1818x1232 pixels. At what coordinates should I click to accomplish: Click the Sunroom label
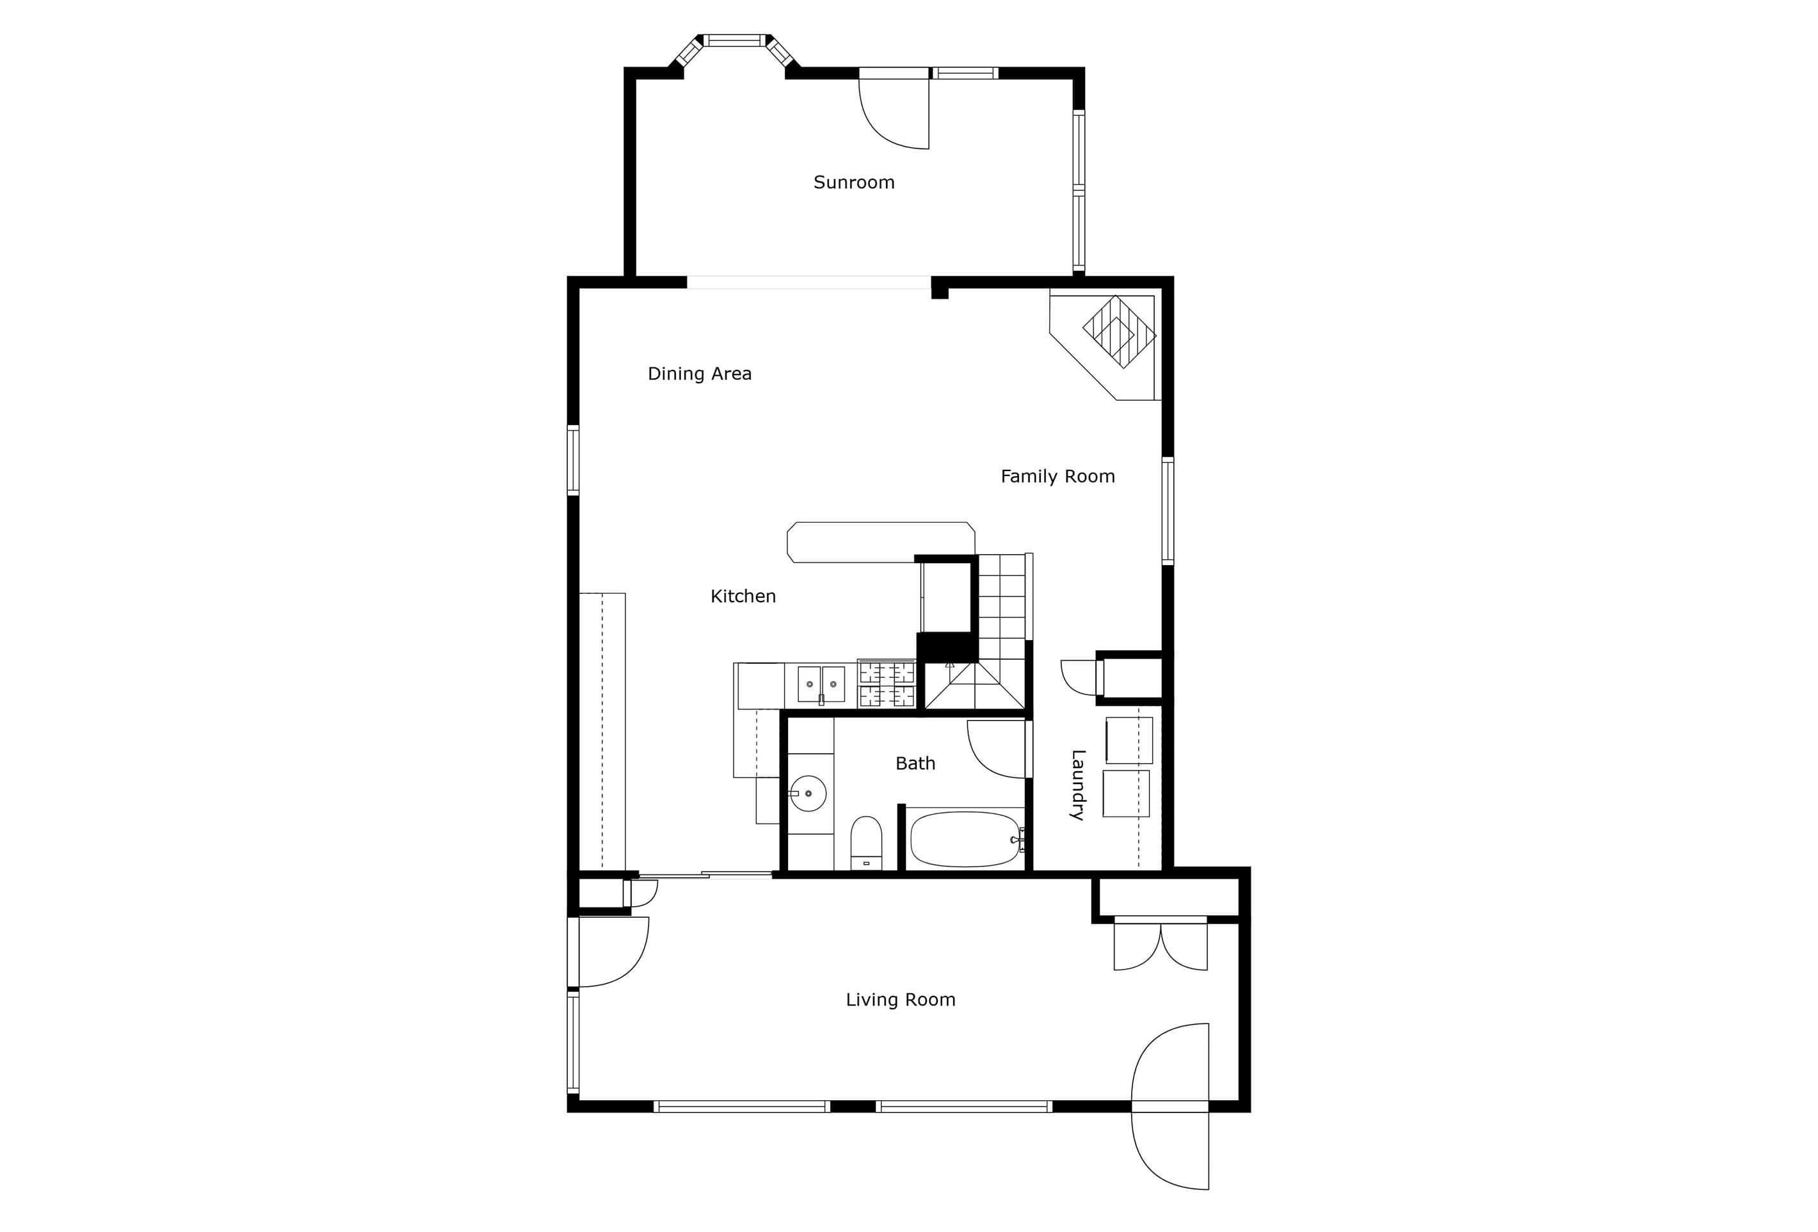click(x=853, y=182)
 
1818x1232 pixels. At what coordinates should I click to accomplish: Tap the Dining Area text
click(x=699, y=374)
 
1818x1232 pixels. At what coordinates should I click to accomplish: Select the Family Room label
click(x=1058, y=476)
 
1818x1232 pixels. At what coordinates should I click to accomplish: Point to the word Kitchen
click(x=743, y=596)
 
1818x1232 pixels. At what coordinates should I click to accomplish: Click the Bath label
click(x=915, y=764)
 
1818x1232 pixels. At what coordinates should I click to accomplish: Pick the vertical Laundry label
click(x=1077, y=785)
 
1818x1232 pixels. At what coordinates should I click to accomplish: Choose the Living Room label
click(x=901, y=1000)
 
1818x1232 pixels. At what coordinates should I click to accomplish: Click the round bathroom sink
click(x=808, y=793)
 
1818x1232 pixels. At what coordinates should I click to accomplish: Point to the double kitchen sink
click(x=821, y=684)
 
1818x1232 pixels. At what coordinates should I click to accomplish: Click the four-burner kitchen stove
click(x=887, y=684)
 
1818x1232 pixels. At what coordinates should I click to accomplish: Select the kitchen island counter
click(x=881, y=542)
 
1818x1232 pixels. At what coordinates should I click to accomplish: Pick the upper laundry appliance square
click(x=1129, y=740)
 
